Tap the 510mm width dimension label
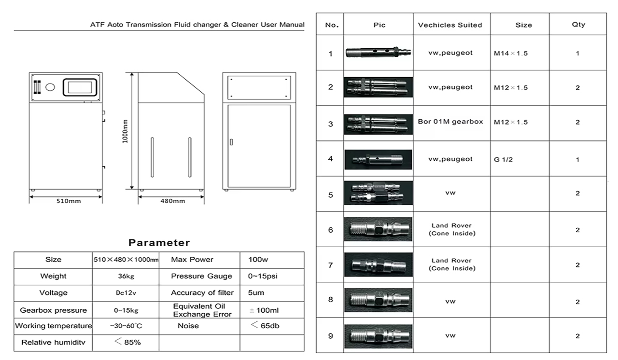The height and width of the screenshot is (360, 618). coord(66,201)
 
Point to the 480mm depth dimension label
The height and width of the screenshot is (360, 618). coord(172,201)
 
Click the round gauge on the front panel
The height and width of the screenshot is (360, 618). coord(50,87)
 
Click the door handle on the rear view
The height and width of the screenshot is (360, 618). coord(231,142)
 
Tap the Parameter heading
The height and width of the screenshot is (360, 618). coord(159,243)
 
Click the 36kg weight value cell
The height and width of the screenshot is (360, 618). coord(125,277)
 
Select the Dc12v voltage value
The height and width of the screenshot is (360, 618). coord(125,293)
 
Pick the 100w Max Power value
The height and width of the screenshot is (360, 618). coord(258,260)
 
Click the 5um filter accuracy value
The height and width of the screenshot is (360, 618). coord(256,293)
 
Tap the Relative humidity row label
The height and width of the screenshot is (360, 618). coord(53,343)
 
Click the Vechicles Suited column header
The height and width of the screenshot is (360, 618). coord(450,25)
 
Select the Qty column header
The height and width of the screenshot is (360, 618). coord(577,25)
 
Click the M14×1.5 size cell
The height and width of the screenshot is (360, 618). coord(510,53)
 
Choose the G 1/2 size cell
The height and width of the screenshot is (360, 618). coord(503,159)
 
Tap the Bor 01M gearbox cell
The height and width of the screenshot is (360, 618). coord(450,122)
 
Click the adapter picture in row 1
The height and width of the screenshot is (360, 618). coord(378,53)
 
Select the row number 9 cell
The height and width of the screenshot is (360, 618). coord(330,336)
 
